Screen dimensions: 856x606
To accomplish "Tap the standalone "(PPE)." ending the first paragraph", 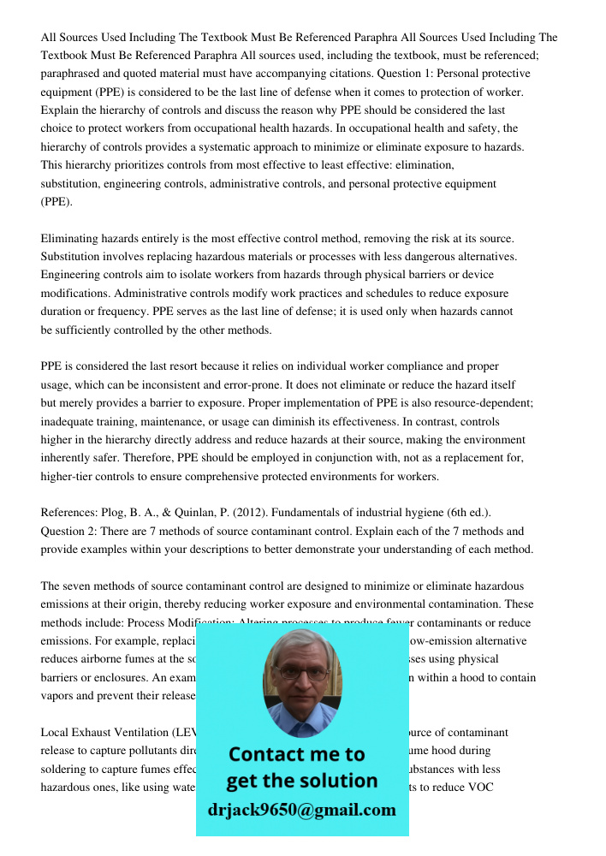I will (57, 202).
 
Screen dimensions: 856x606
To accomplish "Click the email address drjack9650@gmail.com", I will (302, 809).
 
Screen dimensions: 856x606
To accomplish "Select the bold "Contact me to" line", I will (297, 754).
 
